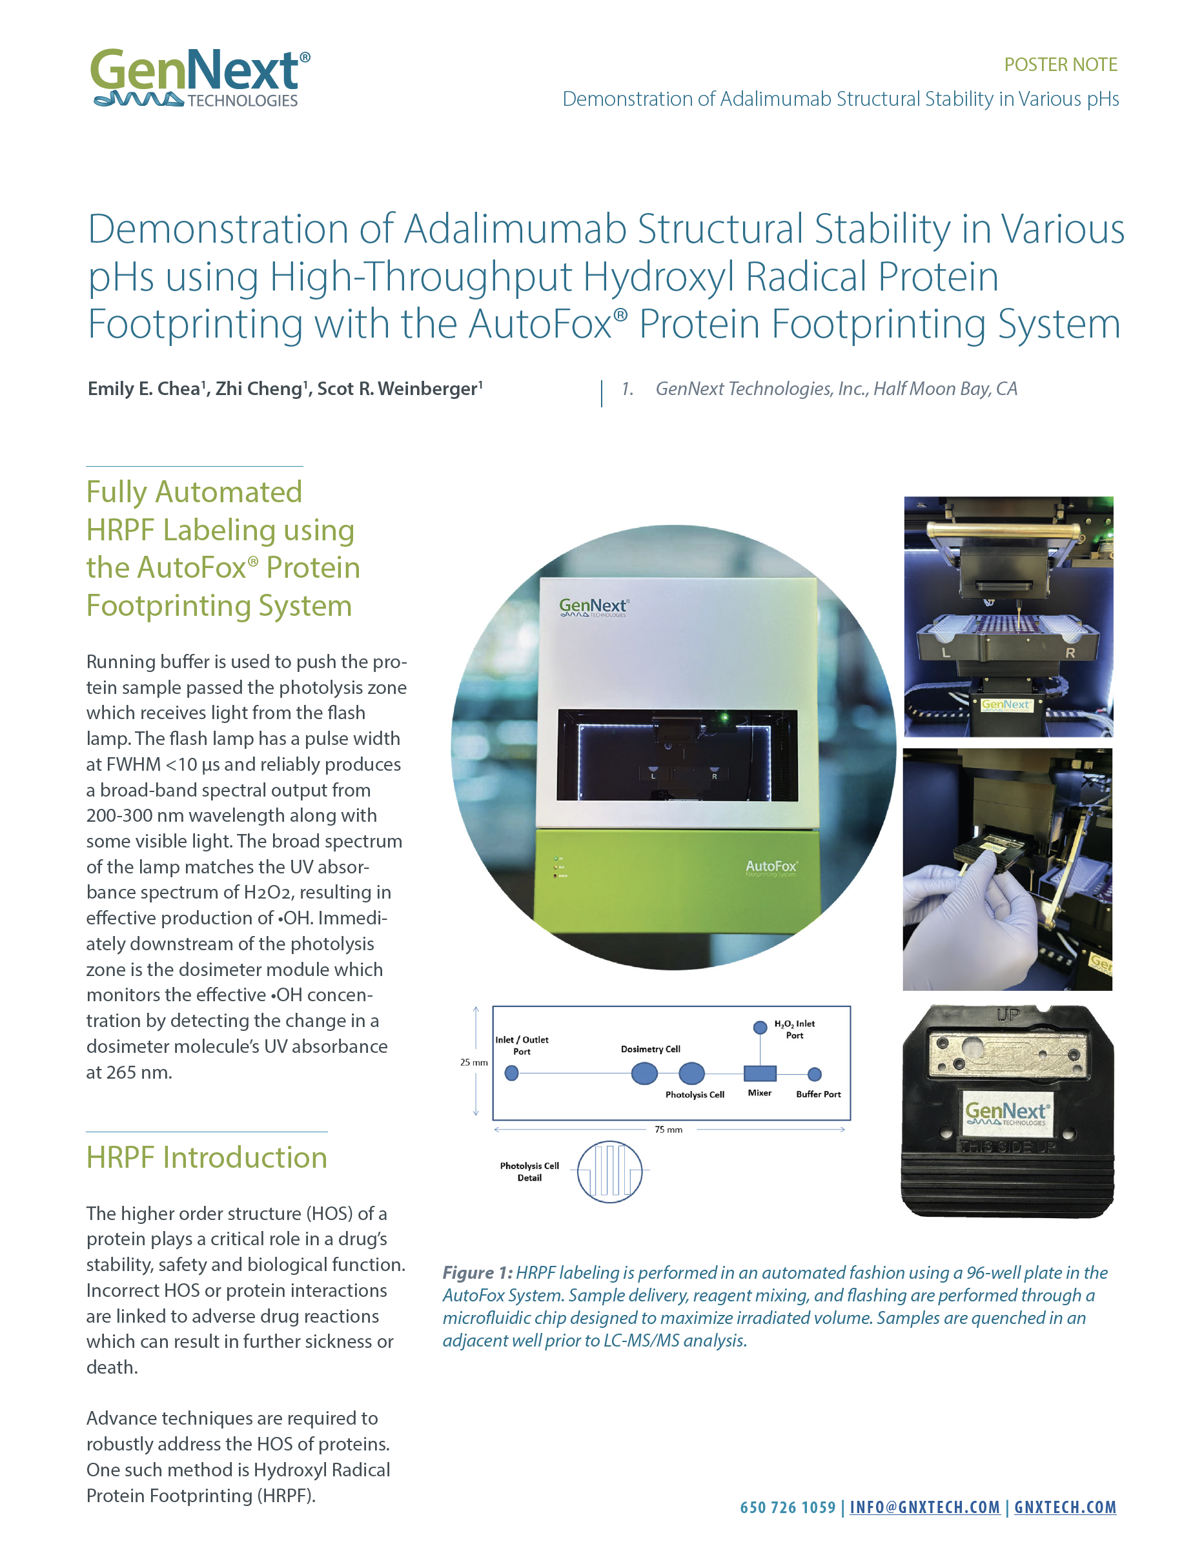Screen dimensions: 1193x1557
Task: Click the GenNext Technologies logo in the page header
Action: coord(200,78)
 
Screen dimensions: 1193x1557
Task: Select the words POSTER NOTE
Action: coord(1060,65)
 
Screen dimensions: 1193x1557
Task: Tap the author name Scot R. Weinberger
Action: coord(400,389)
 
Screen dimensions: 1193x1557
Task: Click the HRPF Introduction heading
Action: coord(207,1157)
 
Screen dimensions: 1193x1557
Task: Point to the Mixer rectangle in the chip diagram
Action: coord(759,1074)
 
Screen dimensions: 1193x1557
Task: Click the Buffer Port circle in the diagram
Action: coord(815,1074)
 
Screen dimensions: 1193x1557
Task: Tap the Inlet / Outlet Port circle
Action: coord(511,1074)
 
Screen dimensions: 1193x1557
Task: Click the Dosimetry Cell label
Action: coord(651,1048)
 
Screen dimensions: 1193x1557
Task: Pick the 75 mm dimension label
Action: coord(668,1130)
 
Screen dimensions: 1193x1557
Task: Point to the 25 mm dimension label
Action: coord(474,1062)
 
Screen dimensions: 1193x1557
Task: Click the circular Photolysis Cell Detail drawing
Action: coord(609,1172)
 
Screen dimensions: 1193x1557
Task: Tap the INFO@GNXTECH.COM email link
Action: coord(924,1507)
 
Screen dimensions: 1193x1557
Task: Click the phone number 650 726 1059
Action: coord(788,1507)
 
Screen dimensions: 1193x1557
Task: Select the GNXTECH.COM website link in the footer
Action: coord(1065,1507)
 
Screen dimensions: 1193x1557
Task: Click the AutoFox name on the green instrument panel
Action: coord(771,866)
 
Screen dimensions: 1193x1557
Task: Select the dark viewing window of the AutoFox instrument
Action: coord(677,755)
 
